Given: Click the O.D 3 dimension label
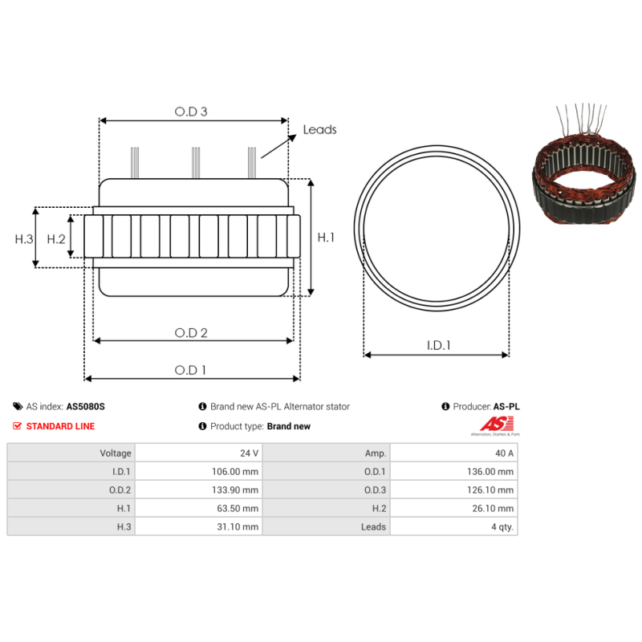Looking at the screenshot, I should (x=191, y=112).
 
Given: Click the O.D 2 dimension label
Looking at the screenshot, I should (x=192, y=332).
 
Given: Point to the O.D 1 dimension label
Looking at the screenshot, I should (x=191, y=370).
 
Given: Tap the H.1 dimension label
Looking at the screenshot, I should (x=326, y=238).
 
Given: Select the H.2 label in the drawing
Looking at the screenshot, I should (x=55, y=239).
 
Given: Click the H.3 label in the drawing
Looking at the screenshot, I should (x=24, y=239).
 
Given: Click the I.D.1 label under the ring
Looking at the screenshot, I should (x=438, y=346).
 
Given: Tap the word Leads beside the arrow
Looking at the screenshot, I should (x=319, y=129).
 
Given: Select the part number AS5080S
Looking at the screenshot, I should (x=86, y=407).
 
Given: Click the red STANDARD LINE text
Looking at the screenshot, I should (x=60, y=426).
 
